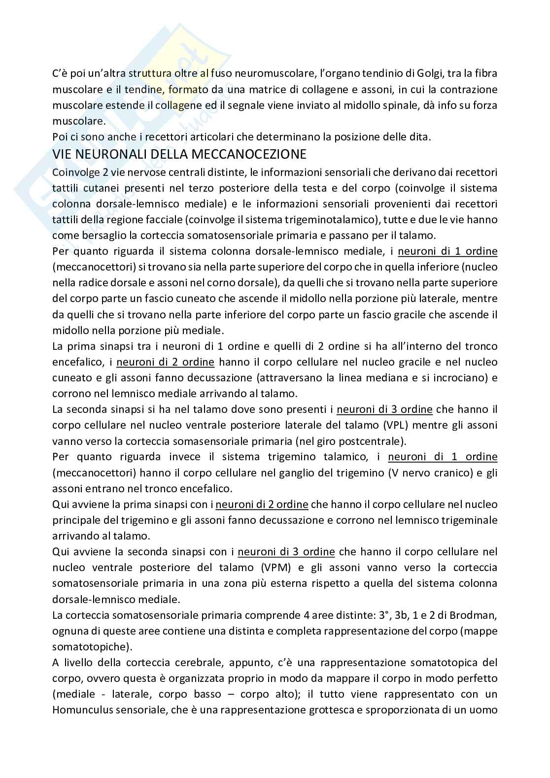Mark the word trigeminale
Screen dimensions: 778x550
[466, 520]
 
